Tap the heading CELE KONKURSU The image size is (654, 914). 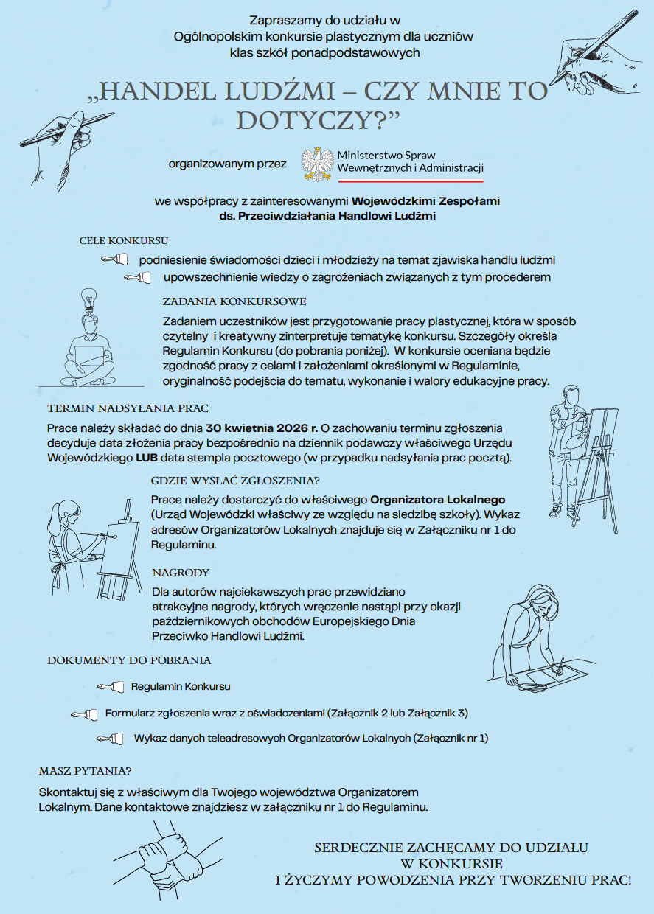click(x=124, y=241)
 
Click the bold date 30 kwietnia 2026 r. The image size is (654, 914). click(x=262, y=428)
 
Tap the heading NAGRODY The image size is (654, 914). click(x=181, y=573)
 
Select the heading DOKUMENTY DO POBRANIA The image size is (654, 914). click(x=129, y=660)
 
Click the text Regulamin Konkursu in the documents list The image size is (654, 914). click(x=181, y=686)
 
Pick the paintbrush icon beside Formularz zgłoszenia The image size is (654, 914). click(x=84, y=714)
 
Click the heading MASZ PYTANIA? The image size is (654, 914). click(x=85, y=771)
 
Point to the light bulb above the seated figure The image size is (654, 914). click(x=89, y=299)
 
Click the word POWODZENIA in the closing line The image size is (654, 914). click(x=417, y=879)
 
